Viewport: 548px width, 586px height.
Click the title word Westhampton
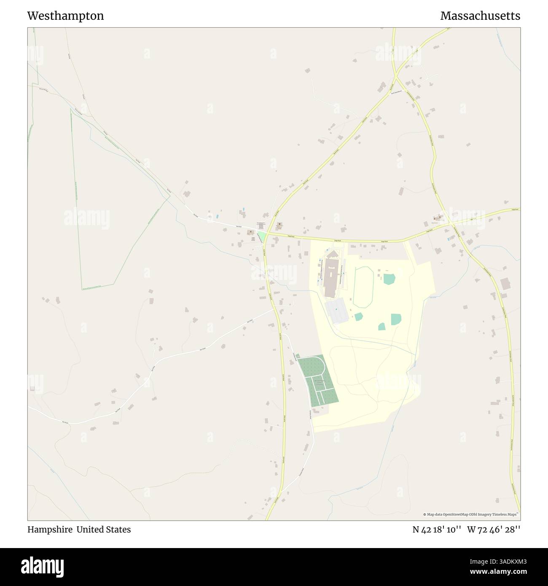click(x=65, y=16)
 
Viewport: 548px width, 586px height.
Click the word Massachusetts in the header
click(x=480, y=16)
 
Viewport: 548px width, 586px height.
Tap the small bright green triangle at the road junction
click(x=262, y=237)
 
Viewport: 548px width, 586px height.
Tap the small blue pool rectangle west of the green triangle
click(x=218, y=217)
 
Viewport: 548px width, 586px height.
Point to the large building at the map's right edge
click(x=505, y=284)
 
